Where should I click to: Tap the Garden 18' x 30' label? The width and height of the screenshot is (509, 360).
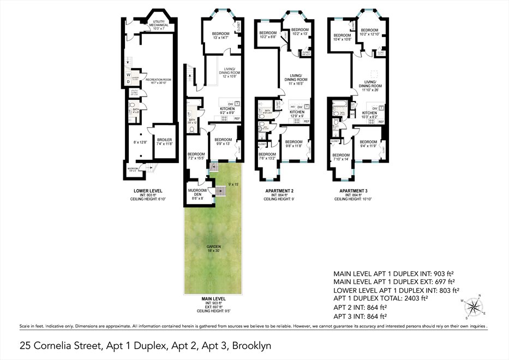tap(211, 248)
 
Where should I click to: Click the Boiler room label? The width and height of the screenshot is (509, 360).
tap(165, 142)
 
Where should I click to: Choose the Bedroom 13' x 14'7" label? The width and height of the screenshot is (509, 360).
tap(220, 36)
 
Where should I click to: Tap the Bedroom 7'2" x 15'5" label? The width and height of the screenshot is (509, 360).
tap(196, 156)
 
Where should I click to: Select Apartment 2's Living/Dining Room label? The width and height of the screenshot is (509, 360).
tap(295, 79)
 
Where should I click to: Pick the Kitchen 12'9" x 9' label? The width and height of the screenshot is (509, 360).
tap(297, 113)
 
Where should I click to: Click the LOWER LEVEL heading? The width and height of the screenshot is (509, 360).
tap(148, 191)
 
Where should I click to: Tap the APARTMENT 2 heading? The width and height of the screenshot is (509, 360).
tap(278, 191)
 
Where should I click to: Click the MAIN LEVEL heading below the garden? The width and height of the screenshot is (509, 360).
tap(210, 299)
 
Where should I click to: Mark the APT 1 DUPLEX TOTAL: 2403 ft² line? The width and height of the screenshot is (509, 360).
tap(381, 298)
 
